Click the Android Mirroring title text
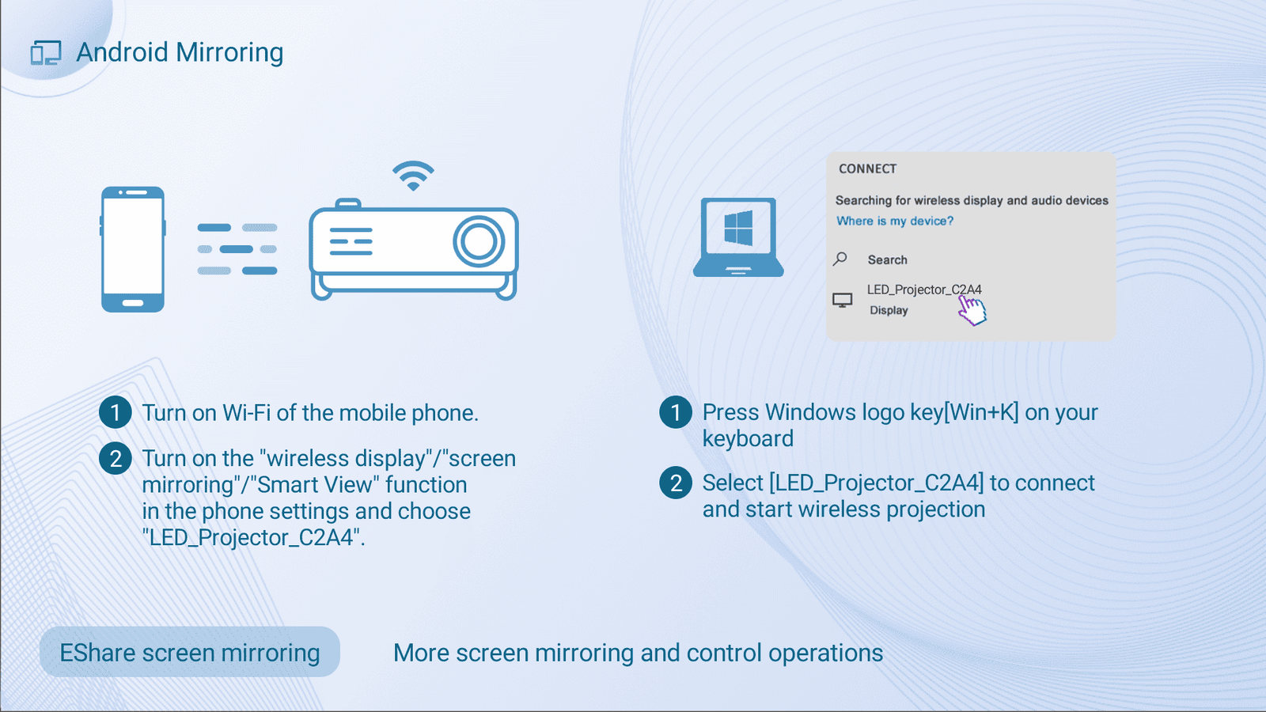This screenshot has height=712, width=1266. point(180,52)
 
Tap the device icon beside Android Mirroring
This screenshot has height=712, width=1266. point(46,52)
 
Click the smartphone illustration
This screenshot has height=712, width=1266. point(133,249)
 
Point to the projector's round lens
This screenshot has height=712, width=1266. point(479,240)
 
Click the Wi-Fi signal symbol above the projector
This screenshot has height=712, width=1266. point(413,176)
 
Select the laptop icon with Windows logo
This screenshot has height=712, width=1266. point(738,237)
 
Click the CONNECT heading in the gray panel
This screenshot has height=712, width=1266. point(867,169)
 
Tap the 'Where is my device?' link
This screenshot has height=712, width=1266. point(895,221)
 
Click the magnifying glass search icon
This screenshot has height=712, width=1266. point(840,259)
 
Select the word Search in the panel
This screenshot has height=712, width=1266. point(887,260)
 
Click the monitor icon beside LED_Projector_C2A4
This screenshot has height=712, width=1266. point(842,300)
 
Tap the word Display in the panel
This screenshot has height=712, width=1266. point(889,310)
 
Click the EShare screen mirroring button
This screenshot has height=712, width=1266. point(190,652)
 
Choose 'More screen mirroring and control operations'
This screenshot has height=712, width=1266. point(638,653)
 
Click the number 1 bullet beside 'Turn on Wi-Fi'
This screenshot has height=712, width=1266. point(116,412)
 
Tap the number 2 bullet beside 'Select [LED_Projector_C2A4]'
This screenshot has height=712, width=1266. point(676,483)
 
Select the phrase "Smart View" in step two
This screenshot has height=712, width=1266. point(316,485)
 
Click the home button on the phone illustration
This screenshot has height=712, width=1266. point(133,303)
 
